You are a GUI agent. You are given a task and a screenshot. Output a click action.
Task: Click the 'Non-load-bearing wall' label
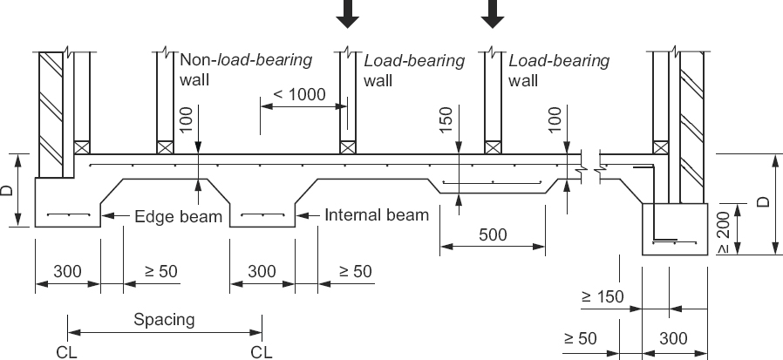[245, 70]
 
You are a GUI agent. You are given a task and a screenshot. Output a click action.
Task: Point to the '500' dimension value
[492, 234]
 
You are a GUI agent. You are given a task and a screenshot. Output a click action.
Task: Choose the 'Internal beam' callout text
[377, 214]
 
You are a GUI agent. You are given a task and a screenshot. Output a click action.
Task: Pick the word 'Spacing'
[164, 319]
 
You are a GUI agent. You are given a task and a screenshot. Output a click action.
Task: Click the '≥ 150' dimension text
[603, 297]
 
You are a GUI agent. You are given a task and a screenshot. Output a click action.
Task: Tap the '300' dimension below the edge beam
[67, 271]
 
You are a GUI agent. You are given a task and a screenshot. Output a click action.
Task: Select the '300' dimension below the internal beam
[262, 271]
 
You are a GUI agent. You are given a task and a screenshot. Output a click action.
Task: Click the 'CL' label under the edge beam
[67, 351]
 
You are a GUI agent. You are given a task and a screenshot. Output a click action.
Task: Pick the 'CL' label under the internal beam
[262, 351]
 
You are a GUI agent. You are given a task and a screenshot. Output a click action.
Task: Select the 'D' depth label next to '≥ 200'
[764, 201]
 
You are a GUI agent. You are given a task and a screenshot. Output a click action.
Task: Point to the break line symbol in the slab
[593, 160]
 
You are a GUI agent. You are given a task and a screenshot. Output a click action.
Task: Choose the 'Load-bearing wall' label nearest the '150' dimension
[414, 70]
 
